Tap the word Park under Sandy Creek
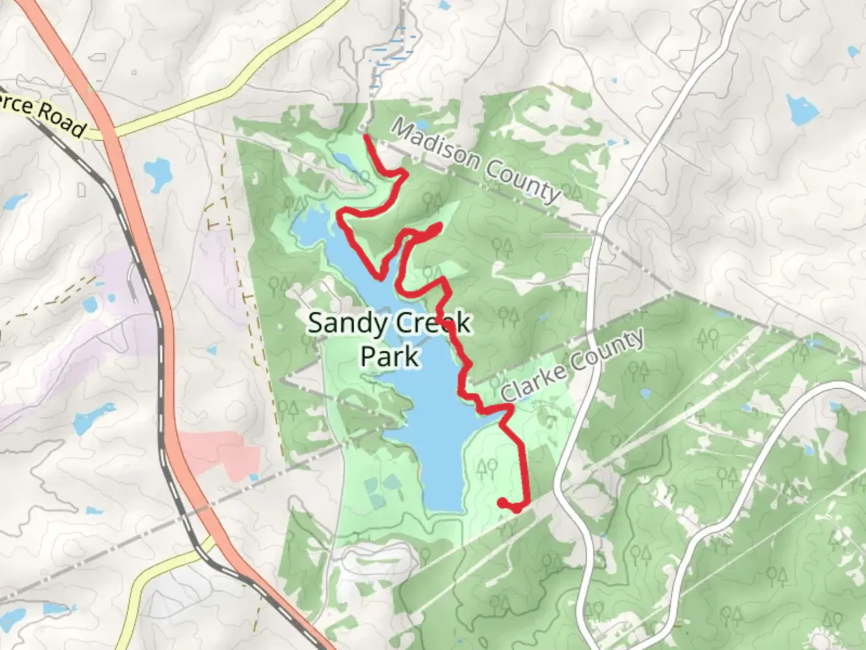390,356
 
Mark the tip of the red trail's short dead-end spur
440,226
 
